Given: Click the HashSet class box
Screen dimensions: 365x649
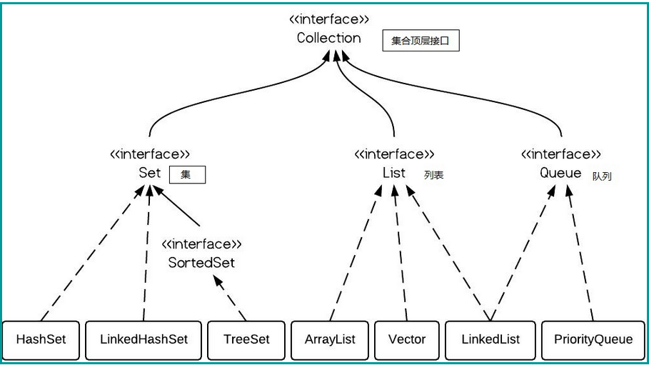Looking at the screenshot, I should point(41,339).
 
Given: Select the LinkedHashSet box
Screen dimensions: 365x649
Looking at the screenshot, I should point(144,339).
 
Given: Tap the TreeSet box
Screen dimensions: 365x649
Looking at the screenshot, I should point(247,339).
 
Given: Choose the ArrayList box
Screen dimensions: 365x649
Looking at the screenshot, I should point(330,339).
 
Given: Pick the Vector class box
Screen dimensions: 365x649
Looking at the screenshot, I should point(407,339).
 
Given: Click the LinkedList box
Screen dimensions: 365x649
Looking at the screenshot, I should point(490,339).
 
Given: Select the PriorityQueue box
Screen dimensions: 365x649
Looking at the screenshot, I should point(593,339).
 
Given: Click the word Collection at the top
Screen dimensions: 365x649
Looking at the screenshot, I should point(329,38).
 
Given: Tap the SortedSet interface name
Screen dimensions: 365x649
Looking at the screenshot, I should point(201,262).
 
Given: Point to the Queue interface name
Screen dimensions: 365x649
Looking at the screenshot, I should point(560,173).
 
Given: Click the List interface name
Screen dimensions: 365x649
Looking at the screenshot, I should point(394,173).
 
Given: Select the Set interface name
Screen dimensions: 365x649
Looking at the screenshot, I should point(150,173).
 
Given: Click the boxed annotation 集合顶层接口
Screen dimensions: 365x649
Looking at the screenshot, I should point(421,41).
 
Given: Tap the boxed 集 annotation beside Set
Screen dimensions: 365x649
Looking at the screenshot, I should point(186,174).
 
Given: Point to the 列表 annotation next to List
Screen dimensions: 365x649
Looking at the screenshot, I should point(433,175).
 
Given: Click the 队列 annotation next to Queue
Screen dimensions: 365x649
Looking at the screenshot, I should point(601,176).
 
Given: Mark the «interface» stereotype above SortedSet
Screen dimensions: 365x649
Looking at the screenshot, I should point(201,244).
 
